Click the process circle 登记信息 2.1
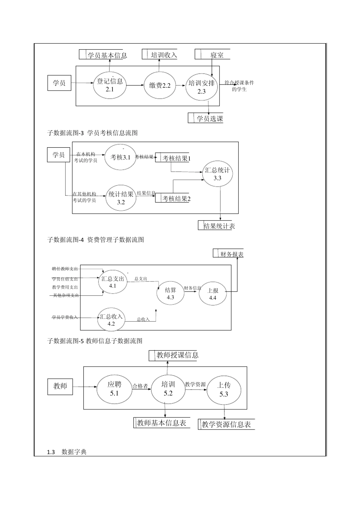click(110, 85)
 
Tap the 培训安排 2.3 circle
click(202, 87)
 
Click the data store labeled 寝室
click(213, 55)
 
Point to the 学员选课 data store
click(206, 118)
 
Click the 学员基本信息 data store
click(103, 55)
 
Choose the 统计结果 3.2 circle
click(121, 198)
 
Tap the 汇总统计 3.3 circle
click(217, 174)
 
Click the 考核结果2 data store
click(173, 198)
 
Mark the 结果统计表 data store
click(216, 226)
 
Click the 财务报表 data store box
click(229, 254)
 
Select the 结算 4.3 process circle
click(170, 293)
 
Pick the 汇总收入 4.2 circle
click(111, 320)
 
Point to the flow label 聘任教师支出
click(65, 269)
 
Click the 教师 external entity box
click(60, 386)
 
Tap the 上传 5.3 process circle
click(224, 389)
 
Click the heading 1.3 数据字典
click(67, 452)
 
